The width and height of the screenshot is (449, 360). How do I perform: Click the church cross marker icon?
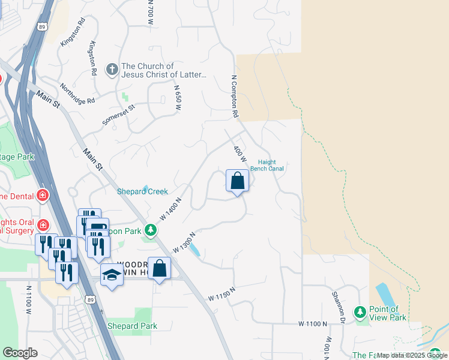pos(112,70)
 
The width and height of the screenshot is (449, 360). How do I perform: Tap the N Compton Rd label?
pos(235,96)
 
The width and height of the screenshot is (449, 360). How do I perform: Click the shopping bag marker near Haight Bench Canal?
pos(237,181)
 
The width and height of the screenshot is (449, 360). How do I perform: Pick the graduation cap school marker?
pos(112,275)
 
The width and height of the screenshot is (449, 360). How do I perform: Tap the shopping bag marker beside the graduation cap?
pos(160,268)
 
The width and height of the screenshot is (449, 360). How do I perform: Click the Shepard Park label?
pos(132,326)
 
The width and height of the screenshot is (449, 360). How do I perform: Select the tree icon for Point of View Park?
pos(360,312)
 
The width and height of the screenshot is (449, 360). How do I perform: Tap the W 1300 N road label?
pos(185,242)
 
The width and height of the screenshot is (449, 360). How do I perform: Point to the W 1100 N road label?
pos(313,323)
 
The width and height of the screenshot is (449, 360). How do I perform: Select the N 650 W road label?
pos(178,97)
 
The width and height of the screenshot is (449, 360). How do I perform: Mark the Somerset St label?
pos(119,114)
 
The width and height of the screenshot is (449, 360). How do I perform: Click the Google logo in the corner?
pos(20,352)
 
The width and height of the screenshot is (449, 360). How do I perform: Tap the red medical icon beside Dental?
pos(43,195)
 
